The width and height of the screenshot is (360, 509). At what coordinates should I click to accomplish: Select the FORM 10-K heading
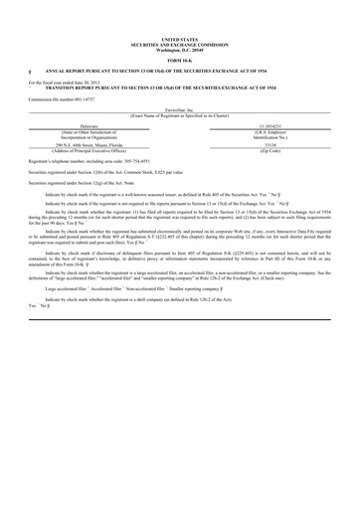[179, 62]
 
